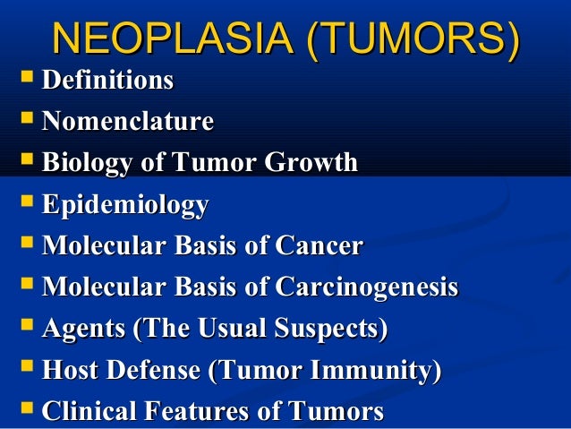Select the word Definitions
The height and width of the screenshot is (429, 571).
(107, 81)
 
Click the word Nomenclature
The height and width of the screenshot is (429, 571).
(128, 121)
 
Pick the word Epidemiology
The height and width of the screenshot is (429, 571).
(125, 205)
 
